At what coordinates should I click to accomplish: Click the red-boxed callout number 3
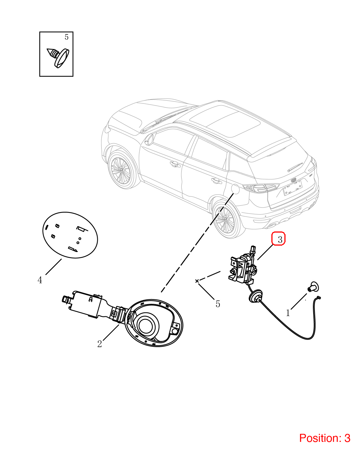click(x=280, y=240)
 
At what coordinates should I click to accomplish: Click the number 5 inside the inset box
click(x=66, y=37)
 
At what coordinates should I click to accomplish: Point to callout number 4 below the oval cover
click(x=40, y=280)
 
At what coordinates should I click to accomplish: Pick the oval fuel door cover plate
click(x=70, y=235)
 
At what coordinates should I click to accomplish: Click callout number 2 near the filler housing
click(x=100, y=344)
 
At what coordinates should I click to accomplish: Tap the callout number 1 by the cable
click(x=288, y=313)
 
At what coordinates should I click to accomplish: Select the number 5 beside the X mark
click(x=218, y=304)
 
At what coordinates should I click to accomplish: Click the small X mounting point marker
click(x=197, y=281)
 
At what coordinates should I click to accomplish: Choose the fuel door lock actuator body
click(x=243, y=266)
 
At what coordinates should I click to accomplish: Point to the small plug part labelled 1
click(x=313, y=287)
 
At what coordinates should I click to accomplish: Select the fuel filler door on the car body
click(x=235, y=189)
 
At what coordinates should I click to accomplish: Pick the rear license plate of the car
click(x=293, y=188)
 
